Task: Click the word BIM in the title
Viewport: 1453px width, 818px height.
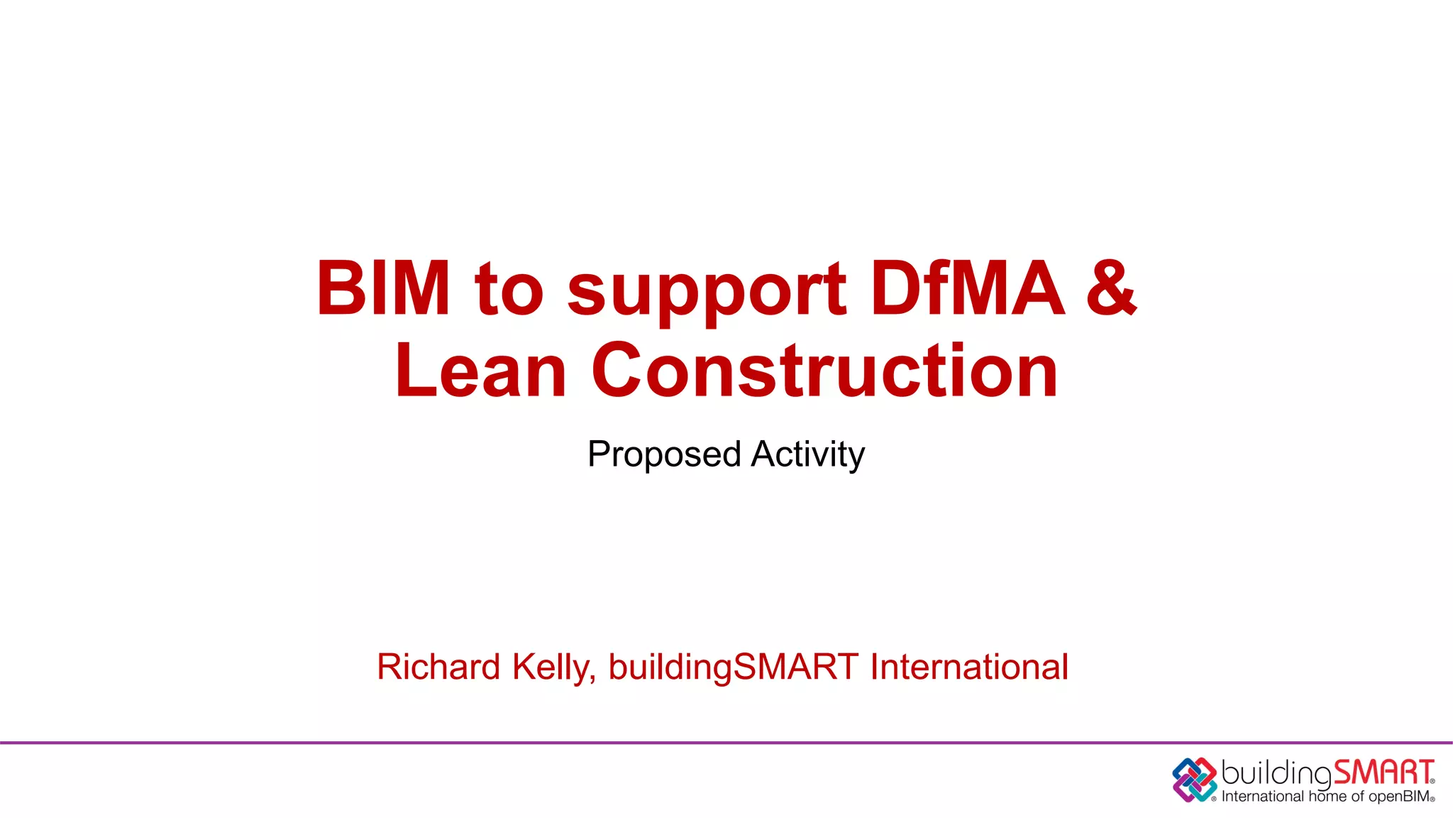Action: [x=383, y=288]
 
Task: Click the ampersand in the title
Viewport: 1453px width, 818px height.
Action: [x=1111, y=288]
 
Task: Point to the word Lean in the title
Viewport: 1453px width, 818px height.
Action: [x=480, y=371]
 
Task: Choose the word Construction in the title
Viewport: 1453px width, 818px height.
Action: [x=824, y=371]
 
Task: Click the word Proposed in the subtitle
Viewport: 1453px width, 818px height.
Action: [x=664, y=455]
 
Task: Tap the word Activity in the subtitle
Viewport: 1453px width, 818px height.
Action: [x=808, y=455]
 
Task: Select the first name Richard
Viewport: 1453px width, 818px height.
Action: [x=438, y=667]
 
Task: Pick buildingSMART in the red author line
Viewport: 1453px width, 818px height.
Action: [x=734, y=668]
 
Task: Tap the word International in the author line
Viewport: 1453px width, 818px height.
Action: [x=969, y=667]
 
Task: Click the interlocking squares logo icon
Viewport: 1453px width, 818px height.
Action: [x=1195, y=780]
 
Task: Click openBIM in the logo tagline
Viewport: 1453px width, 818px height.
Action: [x=1398, y=797]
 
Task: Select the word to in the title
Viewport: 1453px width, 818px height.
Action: [x=509, y=290]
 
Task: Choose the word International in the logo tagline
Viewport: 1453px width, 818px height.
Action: [x=1262, y=797]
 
